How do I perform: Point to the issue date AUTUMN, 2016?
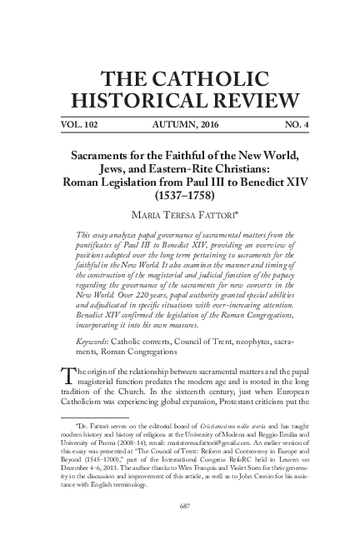180,123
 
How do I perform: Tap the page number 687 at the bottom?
180,506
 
